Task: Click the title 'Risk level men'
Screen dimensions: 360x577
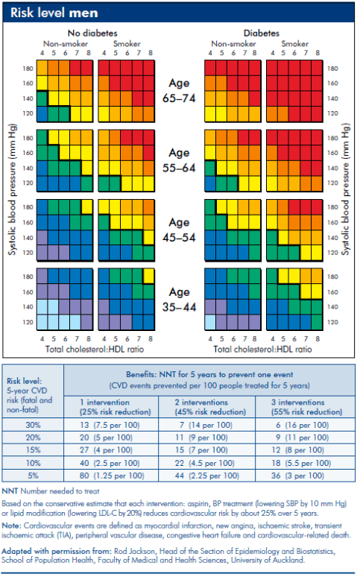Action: tap(54, 13)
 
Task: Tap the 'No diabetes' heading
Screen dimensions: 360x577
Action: tap(92, 33)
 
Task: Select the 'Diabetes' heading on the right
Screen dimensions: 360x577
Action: tap(262, 33)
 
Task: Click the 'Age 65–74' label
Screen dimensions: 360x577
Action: tap(180, 90)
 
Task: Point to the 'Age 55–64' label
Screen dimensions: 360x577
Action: tap(180, 160)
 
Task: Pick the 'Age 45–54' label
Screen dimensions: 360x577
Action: tap(180, 230)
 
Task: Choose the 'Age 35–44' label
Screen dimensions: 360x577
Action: tap(180, 299)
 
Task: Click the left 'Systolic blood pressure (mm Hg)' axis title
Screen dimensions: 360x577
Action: tap(13, 189)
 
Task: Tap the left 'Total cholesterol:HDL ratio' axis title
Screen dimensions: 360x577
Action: tap(94, 349)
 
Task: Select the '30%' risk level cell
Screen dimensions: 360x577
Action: tap(33, 425)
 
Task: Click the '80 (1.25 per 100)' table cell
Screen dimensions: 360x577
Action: tap(112, 476)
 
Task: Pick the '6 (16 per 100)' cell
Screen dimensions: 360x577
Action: tap(302, 425)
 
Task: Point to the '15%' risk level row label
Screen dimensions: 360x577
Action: tap(33, 450)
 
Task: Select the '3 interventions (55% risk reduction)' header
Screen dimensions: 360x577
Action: tap(306, 407)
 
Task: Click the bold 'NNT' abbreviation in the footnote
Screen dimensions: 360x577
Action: tap(10, 491)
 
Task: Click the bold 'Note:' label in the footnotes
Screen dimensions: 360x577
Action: tap(12, 526)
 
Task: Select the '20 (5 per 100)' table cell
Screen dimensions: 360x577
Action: tap(106, 438)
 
